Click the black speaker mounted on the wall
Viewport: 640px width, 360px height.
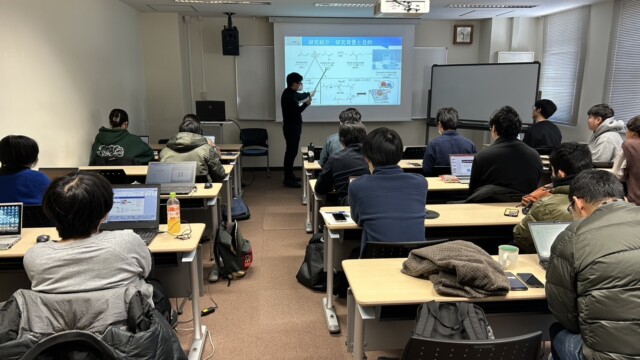(230, 40)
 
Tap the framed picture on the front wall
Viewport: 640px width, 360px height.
(462, 34)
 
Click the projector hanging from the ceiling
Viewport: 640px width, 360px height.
(403, 7)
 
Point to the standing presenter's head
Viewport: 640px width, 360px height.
(294, 80)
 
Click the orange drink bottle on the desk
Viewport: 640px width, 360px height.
(174, 213)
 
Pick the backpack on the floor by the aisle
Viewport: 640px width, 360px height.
(232, 249)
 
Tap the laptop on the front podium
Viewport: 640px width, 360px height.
(211, 110)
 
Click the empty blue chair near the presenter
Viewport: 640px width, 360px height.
(255, 145)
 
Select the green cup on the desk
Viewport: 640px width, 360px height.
(508, 256)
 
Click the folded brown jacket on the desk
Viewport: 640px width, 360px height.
(456, 267)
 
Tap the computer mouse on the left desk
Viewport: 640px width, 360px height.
(43, 238)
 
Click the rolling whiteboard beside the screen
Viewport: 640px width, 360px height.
(483, 93)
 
